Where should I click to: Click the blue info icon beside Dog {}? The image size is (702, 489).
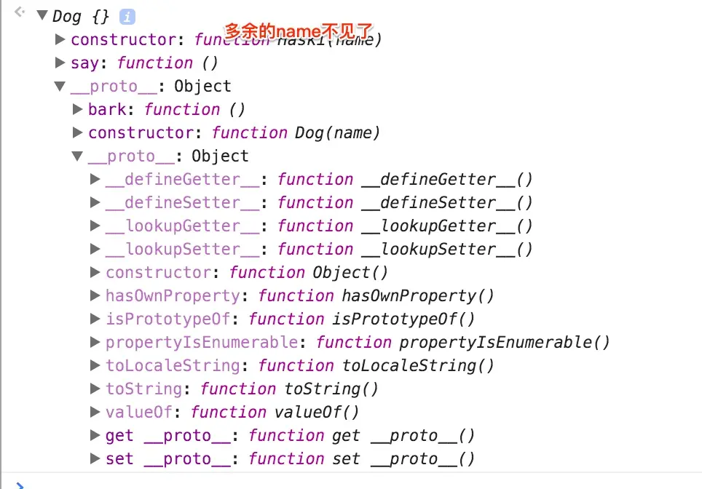(x=127, y=16)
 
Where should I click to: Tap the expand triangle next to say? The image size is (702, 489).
(x=60, y=63)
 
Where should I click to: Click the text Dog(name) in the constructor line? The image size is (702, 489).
(x=337, y=132)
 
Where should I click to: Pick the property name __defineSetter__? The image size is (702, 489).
(x=182, y=202)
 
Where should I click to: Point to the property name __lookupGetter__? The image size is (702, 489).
(x=182, y=226)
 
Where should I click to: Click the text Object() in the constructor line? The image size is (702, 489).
(x=350, y=272)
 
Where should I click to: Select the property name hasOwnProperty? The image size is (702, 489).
(x=173, y=295)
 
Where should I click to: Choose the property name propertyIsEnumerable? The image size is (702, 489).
(x=201, y=342)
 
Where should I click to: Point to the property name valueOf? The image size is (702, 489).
(x=139, y=412)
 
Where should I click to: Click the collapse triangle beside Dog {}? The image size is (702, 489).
(x=42, y=16)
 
